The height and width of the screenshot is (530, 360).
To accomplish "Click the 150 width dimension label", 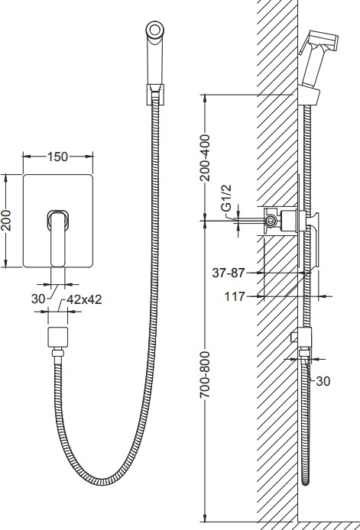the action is pos(57,157).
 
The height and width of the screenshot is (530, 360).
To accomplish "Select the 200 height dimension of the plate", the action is pos(6,221).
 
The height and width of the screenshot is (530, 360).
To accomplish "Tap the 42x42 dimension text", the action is pos(84,299).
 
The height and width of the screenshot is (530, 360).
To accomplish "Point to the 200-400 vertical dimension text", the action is pos(205,157).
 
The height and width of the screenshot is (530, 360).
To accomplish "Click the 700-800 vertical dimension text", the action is pos(205,374).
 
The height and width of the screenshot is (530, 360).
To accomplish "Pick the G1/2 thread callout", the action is pos(227,198).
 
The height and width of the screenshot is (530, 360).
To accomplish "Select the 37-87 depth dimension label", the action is pos(228,273).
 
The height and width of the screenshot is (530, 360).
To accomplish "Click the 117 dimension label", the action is pos(235,297).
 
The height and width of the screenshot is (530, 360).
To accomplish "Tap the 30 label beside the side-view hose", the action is pos(323,381).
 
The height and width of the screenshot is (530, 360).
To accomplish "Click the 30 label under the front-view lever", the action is pos(38,299).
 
